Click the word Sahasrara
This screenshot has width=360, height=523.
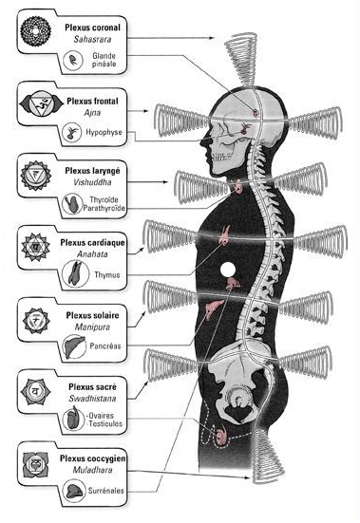92,39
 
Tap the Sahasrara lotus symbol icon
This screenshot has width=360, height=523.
35,30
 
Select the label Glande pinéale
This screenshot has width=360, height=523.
104,60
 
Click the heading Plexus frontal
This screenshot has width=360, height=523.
92,101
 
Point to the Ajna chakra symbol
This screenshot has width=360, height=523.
41,105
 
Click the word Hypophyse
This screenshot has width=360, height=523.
104,132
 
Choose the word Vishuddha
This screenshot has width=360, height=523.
92,182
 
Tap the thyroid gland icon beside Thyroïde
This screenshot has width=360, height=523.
72,204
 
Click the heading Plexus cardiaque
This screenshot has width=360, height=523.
92,243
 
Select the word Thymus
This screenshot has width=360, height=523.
106,275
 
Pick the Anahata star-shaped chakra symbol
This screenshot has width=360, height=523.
35,247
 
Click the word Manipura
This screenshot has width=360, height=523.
92,327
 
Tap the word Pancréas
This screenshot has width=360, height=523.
105,346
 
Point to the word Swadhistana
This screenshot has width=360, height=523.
92,399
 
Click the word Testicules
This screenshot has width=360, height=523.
105,424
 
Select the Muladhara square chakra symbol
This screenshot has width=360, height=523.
35,464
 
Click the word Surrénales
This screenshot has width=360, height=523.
106,491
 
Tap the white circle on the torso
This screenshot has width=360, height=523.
228,270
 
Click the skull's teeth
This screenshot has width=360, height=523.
223,156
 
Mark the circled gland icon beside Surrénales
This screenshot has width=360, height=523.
73,491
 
